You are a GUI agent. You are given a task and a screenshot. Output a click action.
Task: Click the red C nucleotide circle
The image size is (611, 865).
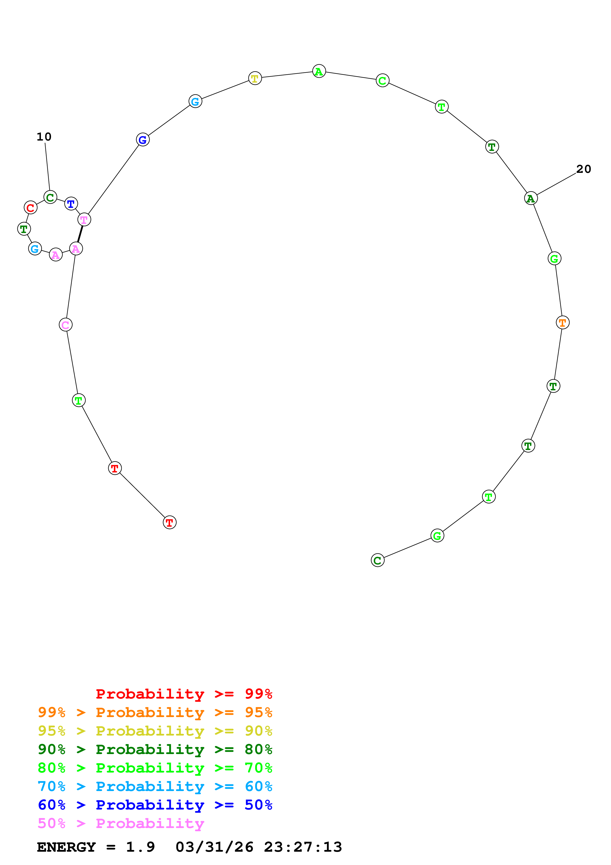(31, 208)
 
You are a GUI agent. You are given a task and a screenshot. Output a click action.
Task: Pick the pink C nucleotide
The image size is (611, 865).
(66, 325)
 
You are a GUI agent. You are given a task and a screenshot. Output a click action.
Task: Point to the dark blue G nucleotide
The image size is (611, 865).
(143, 140)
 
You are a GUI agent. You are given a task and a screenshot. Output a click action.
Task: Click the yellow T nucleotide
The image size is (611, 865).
(255, 78)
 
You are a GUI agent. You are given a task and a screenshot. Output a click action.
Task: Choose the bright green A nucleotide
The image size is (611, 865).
(319, 71)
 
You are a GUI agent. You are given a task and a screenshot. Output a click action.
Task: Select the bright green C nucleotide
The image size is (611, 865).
(383, 80)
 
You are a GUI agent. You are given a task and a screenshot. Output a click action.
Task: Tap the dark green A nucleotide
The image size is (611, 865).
(531, 198)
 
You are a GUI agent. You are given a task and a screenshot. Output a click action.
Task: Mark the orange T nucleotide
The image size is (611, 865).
(562, 323)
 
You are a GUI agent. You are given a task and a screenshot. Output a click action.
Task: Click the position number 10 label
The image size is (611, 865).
(44, 137)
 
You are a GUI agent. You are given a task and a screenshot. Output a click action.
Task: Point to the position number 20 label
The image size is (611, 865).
(583, 169)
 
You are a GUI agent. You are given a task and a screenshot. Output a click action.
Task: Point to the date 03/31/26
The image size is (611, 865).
(214, 847)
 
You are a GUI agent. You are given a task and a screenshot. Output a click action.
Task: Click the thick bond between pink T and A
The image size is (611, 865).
(80, 234)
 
